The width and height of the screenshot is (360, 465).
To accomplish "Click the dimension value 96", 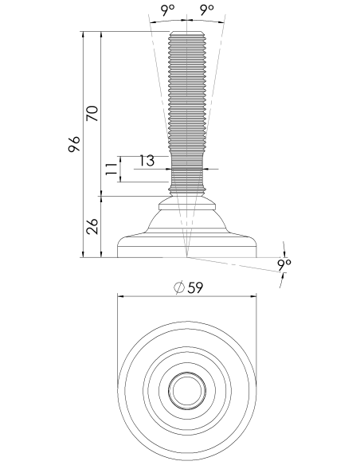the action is click(74, 144).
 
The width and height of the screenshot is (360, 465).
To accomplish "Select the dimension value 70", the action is click(92, 113).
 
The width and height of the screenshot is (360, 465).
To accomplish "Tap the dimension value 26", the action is click(92, 226).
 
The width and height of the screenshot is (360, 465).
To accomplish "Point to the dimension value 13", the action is click(147, 160).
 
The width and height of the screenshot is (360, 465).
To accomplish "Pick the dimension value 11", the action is click(112, 169).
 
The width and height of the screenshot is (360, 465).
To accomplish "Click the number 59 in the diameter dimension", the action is click(195, 287).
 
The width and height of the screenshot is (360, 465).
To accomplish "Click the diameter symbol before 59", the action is click(179, 287).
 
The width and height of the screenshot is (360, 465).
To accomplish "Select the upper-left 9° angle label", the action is click(168, 10).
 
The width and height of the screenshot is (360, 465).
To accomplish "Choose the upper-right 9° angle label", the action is click(207, 10).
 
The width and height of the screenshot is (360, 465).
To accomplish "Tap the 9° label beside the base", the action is click(284, 265).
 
